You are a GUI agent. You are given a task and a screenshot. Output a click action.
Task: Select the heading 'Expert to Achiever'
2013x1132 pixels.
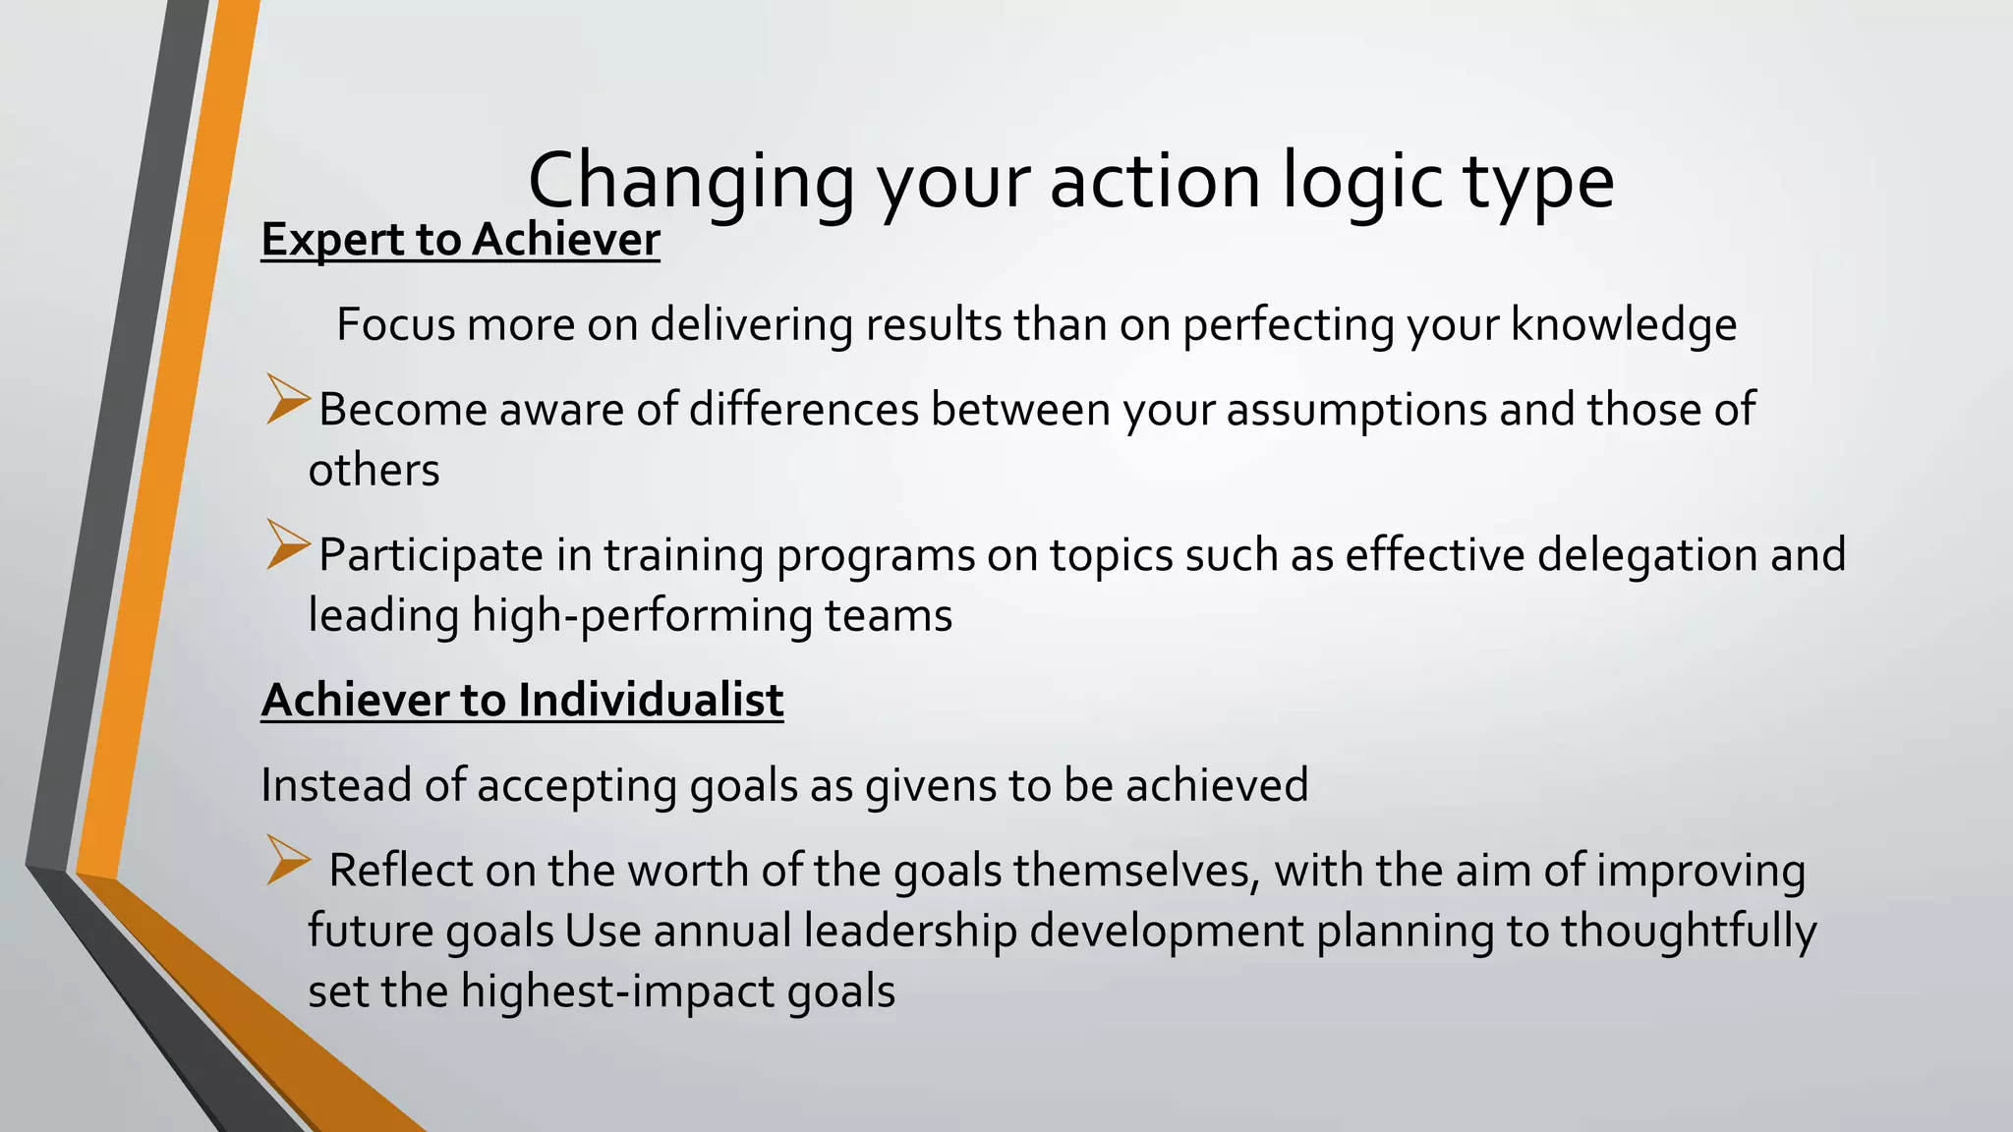(460, 240)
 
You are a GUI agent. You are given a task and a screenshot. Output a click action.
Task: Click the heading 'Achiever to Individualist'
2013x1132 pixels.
(522, 701)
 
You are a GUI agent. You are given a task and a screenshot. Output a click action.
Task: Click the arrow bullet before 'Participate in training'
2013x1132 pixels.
(287, 545)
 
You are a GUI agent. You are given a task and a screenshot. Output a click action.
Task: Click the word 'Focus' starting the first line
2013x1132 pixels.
(396, 324)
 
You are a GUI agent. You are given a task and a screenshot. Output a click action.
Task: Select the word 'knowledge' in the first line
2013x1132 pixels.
(1623, 324)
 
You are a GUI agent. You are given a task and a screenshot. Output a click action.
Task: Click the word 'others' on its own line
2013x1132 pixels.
(374, 470)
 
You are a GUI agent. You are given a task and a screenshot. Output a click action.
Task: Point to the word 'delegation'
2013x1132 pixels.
(1646, 555)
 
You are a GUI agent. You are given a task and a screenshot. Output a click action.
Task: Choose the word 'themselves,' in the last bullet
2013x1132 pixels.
(1137, 871)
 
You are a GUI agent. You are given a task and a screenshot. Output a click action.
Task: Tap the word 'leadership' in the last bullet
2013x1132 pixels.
(909, 932)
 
